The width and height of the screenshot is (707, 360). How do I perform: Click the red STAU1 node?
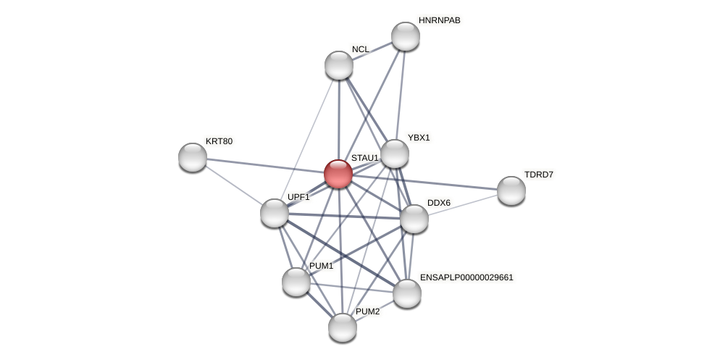pyautogui.click(x=338, y=174)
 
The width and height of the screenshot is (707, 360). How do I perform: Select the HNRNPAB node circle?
pyautogui.click(x=406, y=36)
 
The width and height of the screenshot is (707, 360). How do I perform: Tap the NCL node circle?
pyautogui.click(x=339, y=65)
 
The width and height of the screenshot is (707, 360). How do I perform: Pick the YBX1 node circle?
pyautogui.click(x=395, y=154)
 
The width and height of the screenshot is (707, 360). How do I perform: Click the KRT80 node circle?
pyautogui.click(x=193, y=157)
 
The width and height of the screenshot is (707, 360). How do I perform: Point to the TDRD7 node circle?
pyautogui.click(x=511, y=191)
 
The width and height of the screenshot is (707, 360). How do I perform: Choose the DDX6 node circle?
pyautogui.click(x=414, y=219)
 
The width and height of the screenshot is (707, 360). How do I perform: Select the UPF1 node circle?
pyautogui.click(x=275, y=213)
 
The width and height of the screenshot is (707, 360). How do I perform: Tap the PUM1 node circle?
pyautogui.click(x=296, y=282)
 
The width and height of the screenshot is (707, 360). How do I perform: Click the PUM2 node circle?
pyautogui.click(x=343, y=327)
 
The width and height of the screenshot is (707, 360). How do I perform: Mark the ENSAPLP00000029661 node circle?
pyautogui.click(x=407, y=293)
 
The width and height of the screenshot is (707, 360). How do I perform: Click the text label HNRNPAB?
pyautogui.click(x=439, y=20)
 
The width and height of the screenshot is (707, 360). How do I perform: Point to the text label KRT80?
pyautogui.click(x=219, y=141)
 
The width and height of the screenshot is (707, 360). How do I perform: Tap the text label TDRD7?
pyautogui.click(x=538, y=175)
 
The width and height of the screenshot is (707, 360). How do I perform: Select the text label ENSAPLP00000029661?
pyautogui.click(x=467, y=277)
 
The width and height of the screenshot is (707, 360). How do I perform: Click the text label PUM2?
pyautogui.click(x=367, y=311)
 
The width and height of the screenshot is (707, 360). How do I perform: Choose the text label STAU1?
pyautogui.click(x=364, y=158)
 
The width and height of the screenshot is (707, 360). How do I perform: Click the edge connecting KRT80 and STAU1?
pyautogui.click(x=265, y=166)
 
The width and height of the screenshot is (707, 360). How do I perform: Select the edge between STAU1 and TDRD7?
pyautogui.click(x=425, y=183)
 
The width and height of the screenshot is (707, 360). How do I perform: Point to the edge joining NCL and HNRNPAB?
pyautogui.click(x=372, y=51)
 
